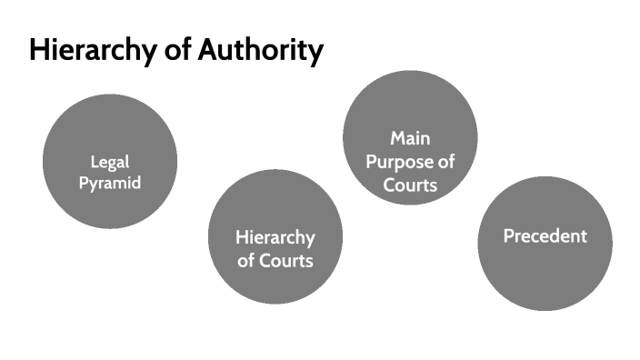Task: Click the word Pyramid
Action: (x=110, y=183)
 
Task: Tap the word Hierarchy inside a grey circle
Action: (x=275, y=238)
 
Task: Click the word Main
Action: (x=410, y=138)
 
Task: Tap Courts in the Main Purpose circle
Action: (x=410, y=185)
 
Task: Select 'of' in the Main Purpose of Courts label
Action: (x=445, y=162)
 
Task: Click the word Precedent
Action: (x=545, y=236)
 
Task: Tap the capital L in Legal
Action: (x=95, y=162)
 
